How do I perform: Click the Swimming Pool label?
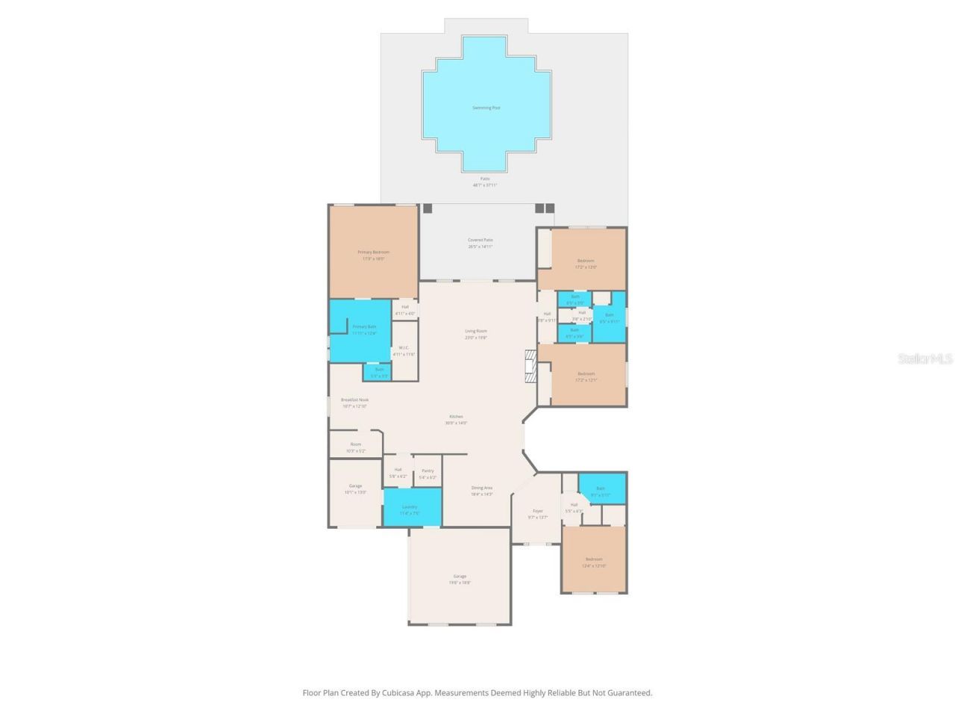click(486, 108)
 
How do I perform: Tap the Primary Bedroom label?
click(373, 252)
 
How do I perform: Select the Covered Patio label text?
click(480, 240)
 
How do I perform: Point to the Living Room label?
click(476, 331)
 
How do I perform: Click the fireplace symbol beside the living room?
click(530, 366)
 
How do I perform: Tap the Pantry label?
click(428, 471)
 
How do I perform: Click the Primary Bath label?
click(364, 326)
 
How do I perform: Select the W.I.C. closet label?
click(404, 347)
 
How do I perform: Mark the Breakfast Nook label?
click(354, 400)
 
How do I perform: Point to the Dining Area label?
click(481, 488)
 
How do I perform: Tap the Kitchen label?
click(456, 417)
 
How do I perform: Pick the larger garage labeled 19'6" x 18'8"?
click(460, 577)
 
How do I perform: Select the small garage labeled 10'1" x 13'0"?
click(355, 486)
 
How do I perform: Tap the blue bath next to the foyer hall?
click(601, 488)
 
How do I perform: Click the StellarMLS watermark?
click(925, 358)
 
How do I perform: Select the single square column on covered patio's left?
click(428, 208)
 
